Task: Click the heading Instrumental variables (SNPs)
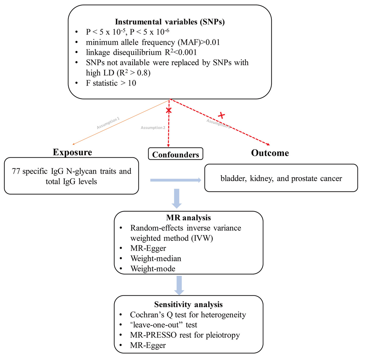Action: [170, 22]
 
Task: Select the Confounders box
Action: [175, 154]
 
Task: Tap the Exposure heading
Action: [72, 152]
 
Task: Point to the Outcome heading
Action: [270, 153]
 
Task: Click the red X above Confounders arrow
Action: [168, 111]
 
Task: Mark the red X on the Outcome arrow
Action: [222, 116]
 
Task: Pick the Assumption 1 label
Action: [108, 123]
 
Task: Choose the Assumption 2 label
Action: [153, 128]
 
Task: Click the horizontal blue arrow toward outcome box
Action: [175, 180]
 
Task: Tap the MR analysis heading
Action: [188, 218]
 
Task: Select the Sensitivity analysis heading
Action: [188, 304]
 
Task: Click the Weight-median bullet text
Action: [156, 258]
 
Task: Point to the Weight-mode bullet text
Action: [153, 269]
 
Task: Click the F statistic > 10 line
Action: [111, 83]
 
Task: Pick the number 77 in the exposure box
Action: [16, 171]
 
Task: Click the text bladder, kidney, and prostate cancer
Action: [281, 178]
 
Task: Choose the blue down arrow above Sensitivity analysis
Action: [179, 285]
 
